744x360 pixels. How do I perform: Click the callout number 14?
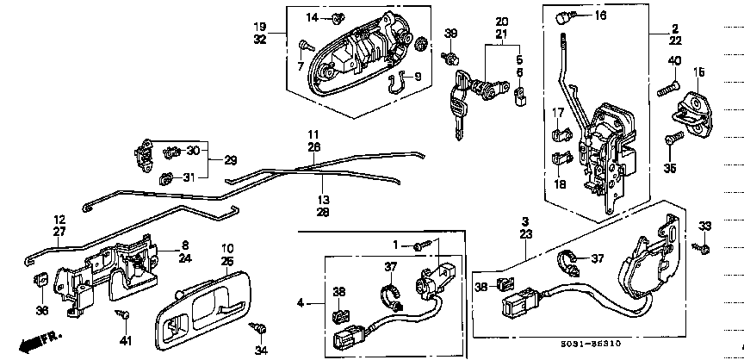[x=312, y=17]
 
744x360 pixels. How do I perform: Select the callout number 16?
[x=599, y=16]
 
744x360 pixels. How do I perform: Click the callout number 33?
[x=706, y=226]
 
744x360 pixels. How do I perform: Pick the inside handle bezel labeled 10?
[x=205, y=305]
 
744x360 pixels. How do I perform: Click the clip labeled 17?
[x=559, y=133]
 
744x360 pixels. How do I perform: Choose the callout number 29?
[x=231, y=161]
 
